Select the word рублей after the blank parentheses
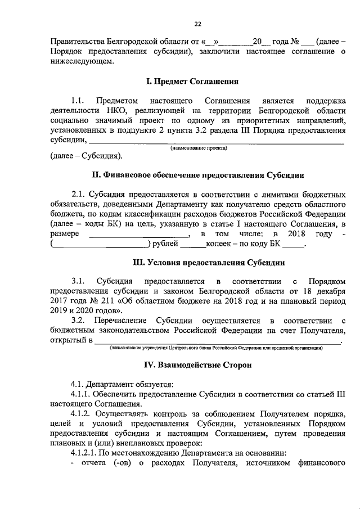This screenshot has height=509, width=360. [165, 244]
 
